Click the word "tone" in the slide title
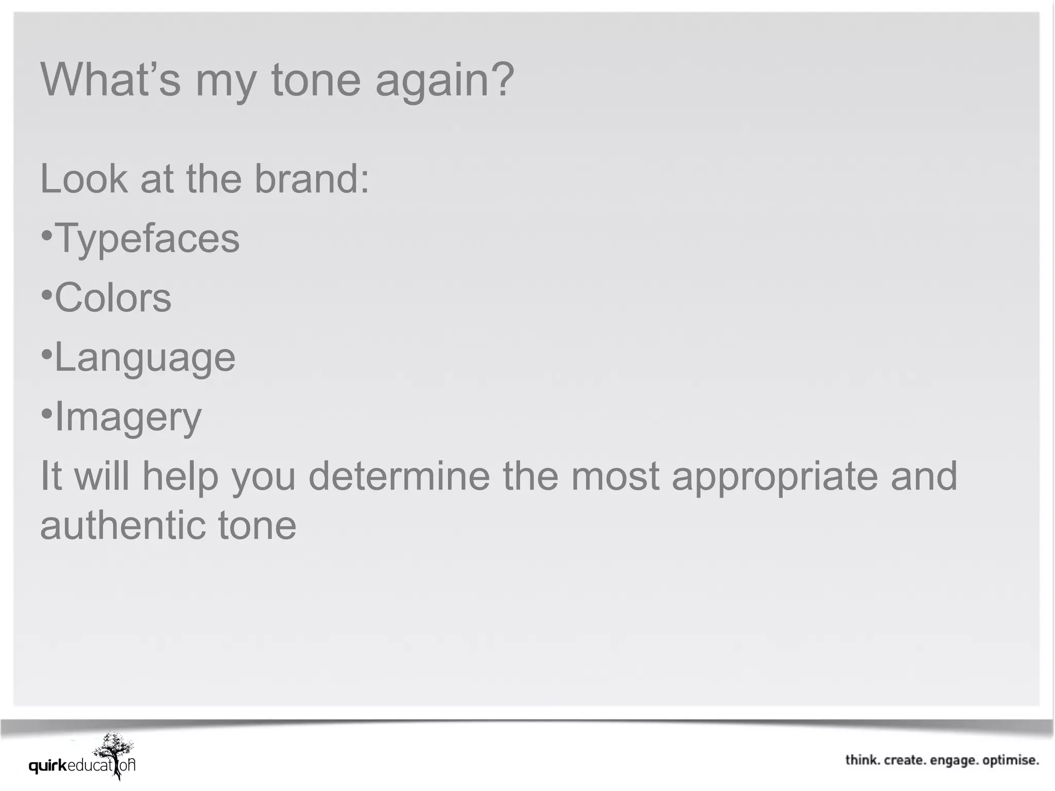[315, 80]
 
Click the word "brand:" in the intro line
[312, 179]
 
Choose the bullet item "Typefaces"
[147, 238]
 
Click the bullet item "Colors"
[113, 298]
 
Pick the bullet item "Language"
[145, 357]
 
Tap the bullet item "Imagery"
[128, 417]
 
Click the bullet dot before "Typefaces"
[46, 236]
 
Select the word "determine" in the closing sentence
[399, 476]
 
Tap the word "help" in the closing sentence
[180, 476]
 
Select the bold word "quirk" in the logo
[48, 766]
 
